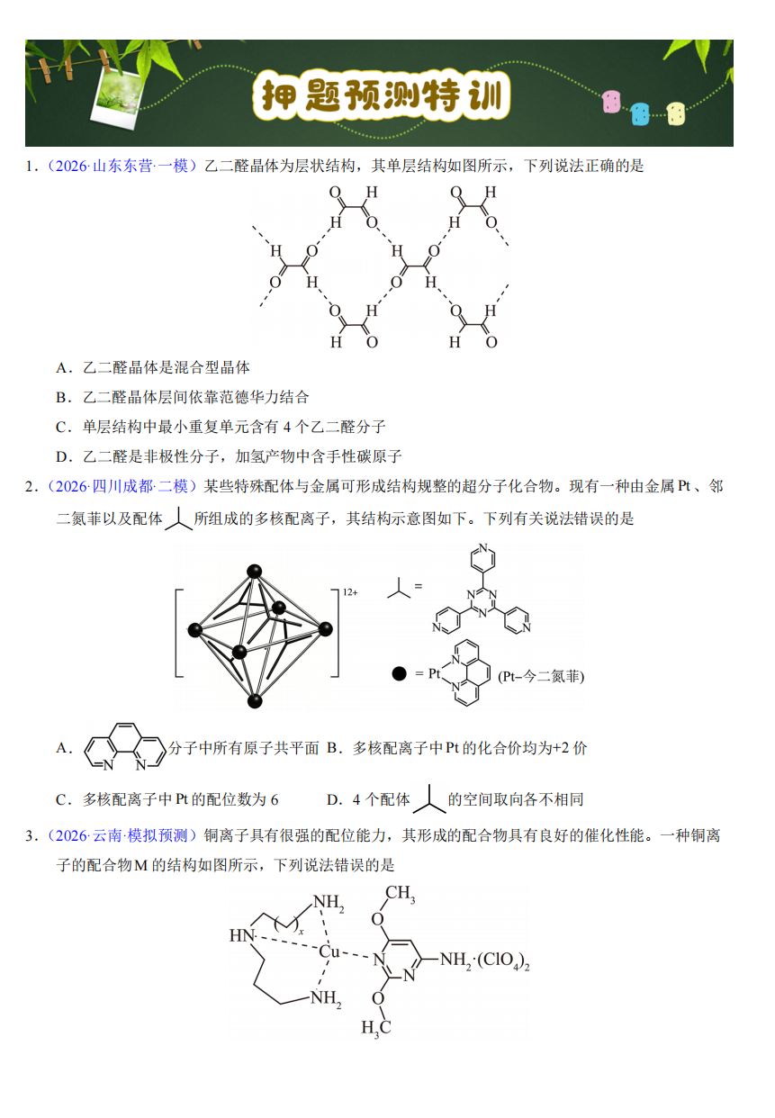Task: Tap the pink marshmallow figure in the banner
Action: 611,102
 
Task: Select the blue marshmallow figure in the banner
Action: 640,113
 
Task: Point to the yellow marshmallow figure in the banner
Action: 676,113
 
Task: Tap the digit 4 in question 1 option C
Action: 286,428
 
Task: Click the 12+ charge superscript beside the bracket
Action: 350,592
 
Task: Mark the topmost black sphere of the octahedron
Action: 255,572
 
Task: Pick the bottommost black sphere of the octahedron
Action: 255,700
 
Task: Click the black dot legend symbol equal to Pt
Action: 400,674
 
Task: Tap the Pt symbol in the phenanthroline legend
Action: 434,674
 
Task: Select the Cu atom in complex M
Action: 329,951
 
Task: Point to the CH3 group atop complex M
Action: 400,893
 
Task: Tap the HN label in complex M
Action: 241,935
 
